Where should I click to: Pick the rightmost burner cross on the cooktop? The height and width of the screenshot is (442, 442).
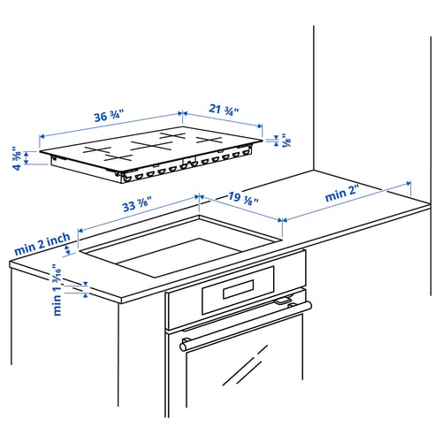point(210,140)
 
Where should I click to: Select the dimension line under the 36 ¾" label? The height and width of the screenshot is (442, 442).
point(110,126)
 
